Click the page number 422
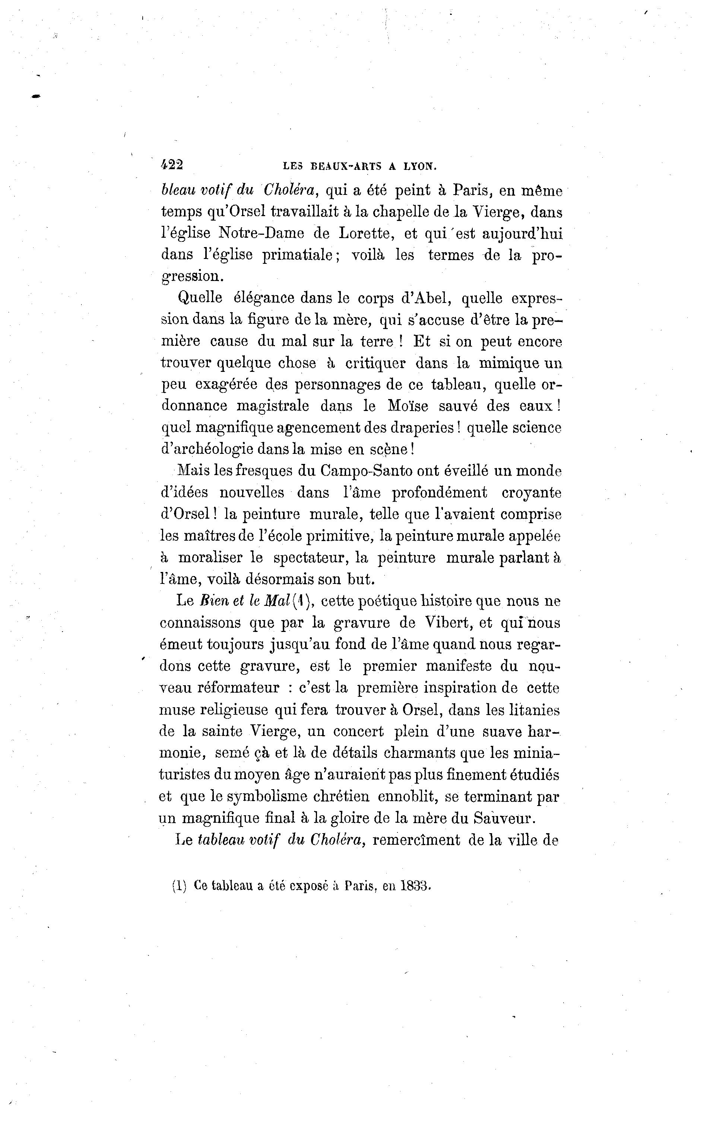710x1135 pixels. tap(171, 164)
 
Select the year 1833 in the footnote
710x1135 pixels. tap(416, 886)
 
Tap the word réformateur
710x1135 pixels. tap(238, 688)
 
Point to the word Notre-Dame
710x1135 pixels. tap(261, 233)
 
